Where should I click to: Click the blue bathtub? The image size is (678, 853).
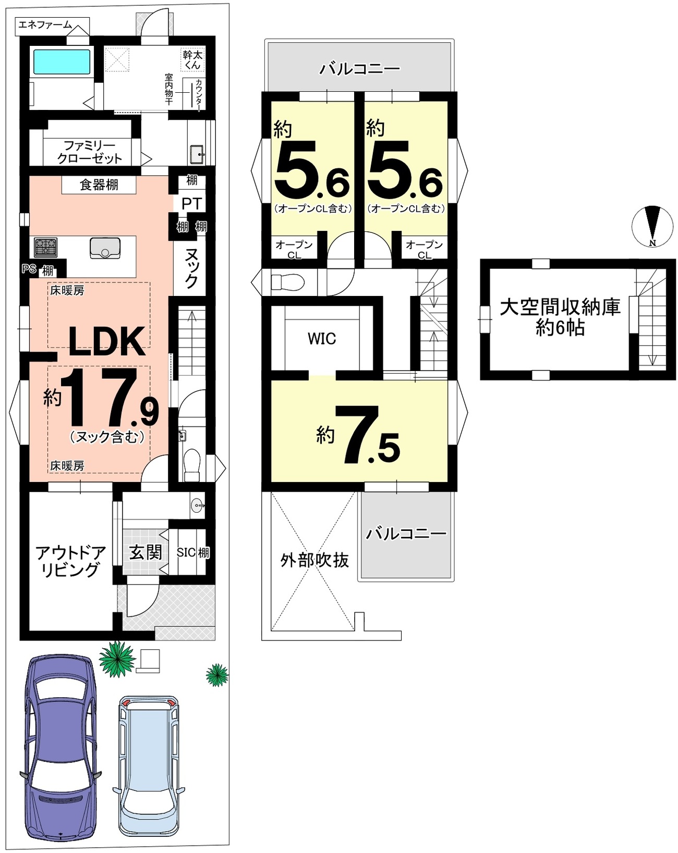[62, 61]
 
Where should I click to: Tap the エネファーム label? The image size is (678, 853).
[45, 25]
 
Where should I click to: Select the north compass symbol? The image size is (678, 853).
[652, 226]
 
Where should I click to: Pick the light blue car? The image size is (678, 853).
[149, 767]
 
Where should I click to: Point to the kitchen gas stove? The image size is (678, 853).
[45, 248]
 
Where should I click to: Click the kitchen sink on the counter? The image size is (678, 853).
[105, 248]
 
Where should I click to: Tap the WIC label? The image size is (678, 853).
[322, 339]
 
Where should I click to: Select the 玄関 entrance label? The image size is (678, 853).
[146, 552]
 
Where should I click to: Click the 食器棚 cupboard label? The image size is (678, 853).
[99, 185]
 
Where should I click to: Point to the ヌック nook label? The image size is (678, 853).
[191, 268]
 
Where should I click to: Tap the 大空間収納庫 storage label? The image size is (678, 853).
[560, 307]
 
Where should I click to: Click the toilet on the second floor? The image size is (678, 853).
[287, 283]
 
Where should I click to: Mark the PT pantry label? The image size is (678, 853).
[191, 204]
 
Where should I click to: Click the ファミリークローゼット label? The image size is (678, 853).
[90, 152]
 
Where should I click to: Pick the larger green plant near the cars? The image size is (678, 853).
[117, 659]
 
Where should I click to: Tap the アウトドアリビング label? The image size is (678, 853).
[70, 561]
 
